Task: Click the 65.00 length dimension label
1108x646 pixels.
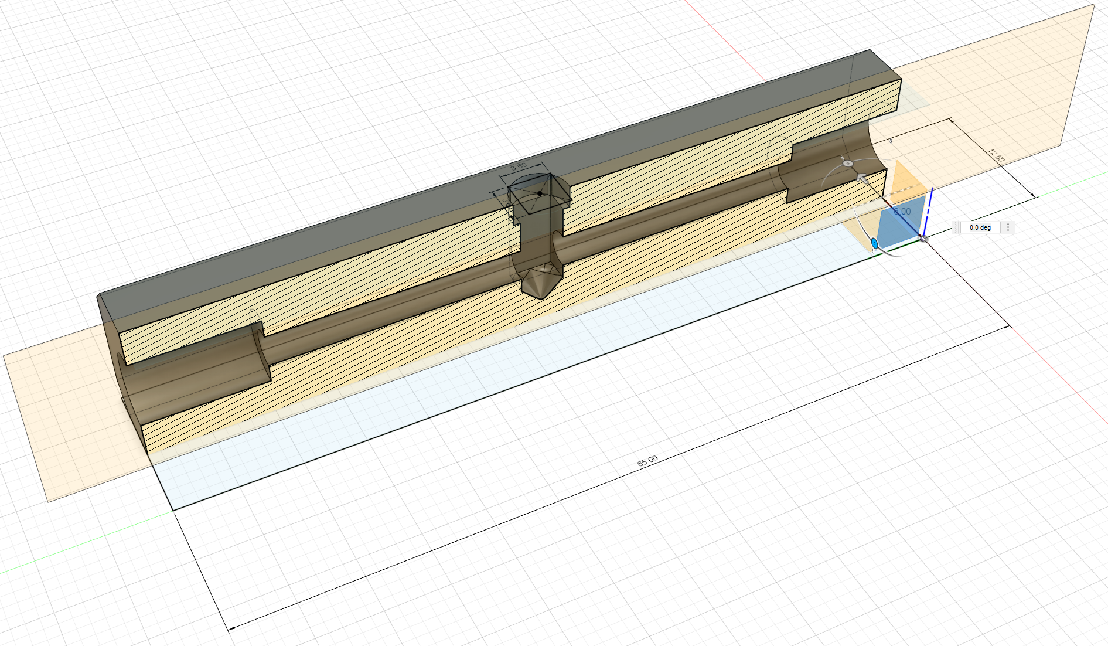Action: (x=647, y=461)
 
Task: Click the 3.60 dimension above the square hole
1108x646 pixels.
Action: (x=519, y=166)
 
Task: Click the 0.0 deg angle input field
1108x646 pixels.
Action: (x=980, y=227)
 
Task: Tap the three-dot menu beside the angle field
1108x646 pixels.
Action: (x=1008, y=227)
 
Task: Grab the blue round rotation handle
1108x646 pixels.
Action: (x=874, y=243)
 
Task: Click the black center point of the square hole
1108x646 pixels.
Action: (x=540, y=193)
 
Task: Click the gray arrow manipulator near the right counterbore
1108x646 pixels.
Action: (x=861, y=178)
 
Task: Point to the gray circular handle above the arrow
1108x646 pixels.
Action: (x=847, y=163)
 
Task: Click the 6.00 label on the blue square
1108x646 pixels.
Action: (x=902, y=211)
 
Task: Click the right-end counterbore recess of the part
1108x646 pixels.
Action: (x=832, y=170)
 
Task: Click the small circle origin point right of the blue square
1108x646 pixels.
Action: (x=924, y=239)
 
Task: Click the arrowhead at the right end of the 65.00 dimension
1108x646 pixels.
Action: (x=1007, y=327)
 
